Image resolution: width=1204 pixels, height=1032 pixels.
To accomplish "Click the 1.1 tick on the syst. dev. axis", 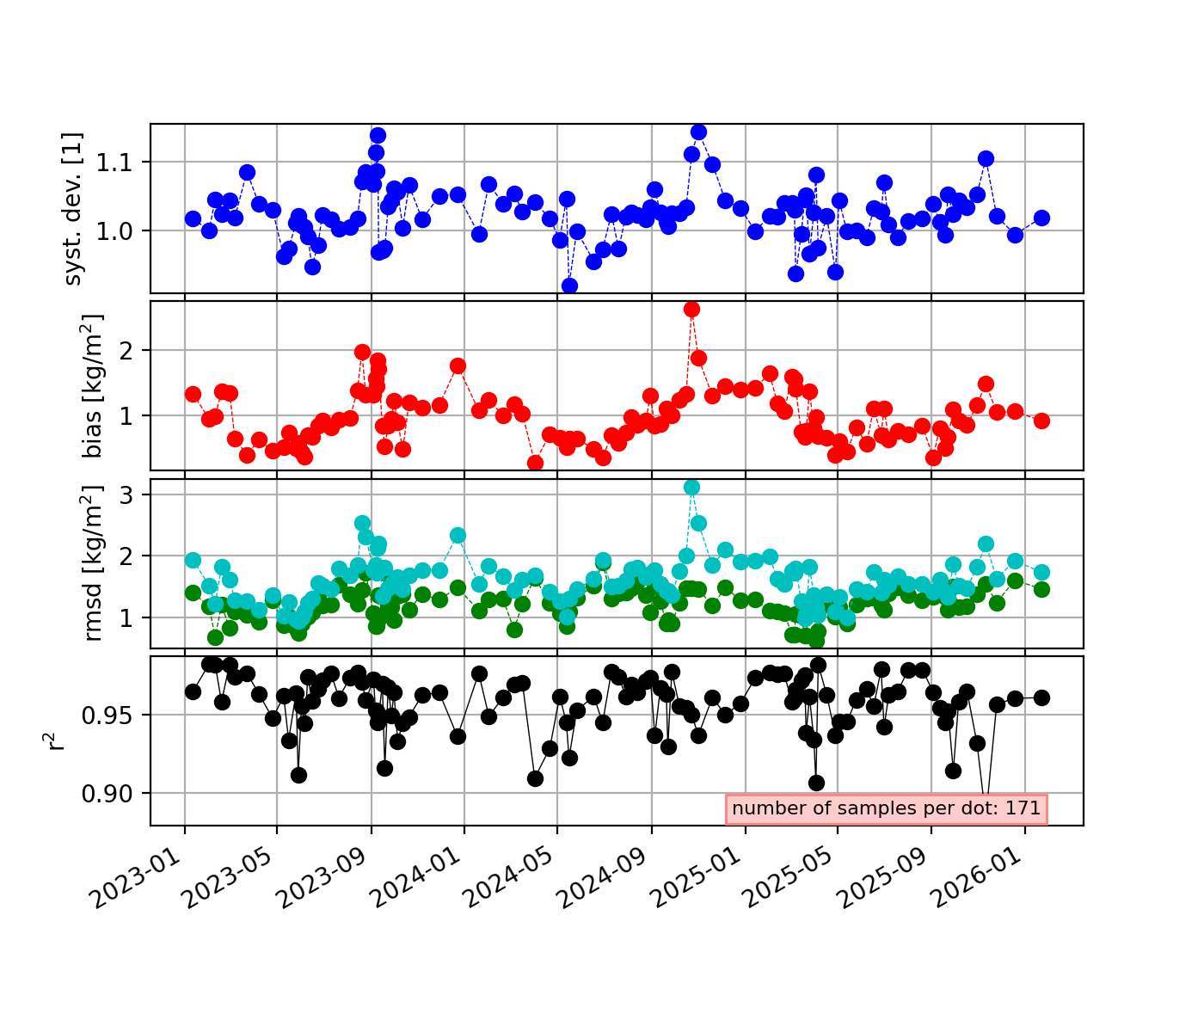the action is (114, 163).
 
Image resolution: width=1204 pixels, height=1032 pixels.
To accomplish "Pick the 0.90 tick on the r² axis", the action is (107, 793).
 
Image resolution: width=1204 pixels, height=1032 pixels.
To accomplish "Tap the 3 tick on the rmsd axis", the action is (126, 495).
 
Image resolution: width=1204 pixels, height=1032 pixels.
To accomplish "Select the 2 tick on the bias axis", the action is (126, 351).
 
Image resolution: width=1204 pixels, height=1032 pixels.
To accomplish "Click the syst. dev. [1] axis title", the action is (73, 208).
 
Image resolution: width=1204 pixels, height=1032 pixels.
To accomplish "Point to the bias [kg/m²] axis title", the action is (91, 385).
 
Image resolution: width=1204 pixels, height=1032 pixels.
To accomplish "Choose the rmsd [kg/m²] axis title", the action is (91, 563).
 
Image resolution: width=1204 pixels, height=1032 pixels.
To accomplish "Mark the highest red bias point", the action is (691, 310).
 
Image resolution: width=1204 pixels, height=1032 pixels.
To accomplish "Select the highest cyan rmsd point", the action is (691, 487).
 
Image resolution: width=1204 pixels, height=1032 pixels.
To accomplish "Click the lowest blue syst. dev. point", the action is (569, 286).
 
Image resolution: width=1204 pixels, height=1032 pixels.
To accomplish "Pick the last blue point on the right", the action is (1041, 218).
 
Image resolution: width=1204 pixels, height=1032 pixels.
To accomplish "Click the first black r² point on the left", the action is (193, 692).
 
